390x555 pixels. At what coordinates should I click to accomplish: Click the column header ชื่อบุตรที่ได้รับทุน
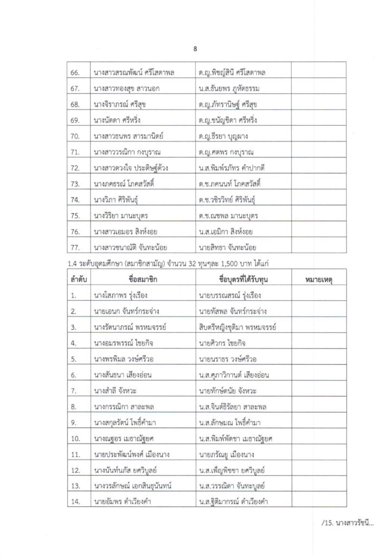click(x=243, y=279)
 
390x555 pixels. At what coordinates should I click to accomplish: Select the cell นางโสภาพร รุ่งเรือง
click(x=120, y=295)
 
